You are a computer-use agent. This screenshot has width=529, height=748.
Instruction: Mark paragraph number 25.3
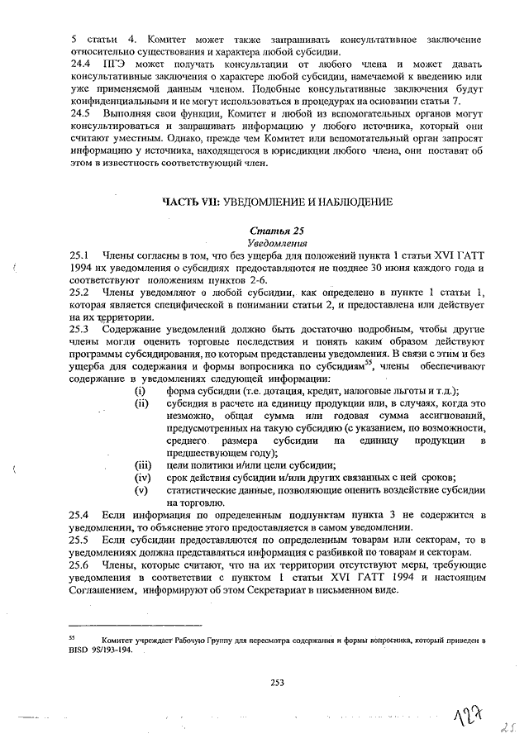[81, 330]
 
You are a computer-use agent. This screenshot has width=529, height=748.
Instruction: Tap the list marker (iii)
[143, 464]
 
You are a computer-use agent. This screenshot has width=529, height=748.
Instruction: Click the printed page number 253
[278, 682]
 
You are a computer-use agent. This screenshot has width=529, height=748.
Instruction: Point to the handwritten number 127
[465, 720]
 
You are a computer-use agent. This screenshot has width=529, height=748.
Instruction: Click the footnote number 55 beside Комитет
[73, 637]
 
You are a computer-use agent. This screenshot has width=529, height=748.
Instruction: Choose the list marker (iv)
[143, 476]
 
